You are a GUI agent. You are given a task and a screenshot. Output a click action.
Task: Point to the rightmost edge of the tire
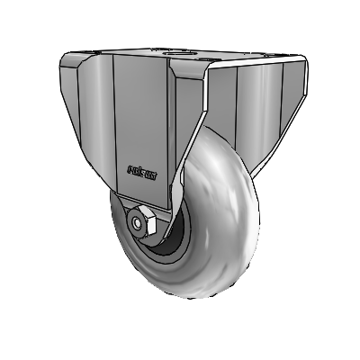[259, 216]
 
